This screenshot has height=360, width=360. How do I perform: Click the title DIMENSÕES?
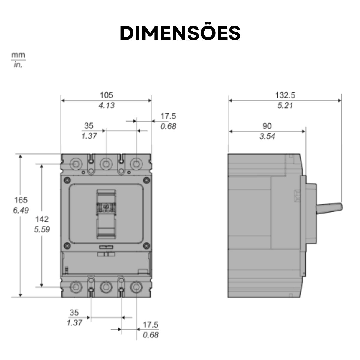180,33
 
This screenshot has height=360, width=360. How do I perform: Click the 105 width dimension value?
106,95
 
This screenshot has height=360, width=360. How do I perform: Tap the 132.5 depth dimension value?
285,95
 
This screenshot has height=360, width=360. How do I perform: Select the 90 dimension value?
267,126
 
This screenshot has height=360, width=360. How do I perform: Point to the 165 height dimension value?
21,200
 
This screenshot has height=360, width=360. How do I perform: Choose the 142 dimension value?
42,219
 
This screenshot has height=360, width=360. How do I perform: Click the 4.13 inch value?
106,105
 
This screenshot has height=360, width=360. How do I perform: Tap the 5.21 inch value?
285,105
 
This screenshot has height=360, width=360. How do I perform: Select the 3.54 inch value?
267,136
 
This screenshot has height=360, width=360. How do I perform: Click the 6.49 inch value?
21,210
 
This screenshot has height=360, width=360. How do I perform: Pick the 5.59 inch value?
42,230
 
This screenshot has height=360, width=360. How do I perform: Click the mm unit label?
18,55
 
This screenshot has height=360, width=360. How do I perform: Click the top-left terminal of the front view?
76,164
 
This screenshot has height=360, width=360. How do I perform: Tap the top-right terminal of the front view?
136,164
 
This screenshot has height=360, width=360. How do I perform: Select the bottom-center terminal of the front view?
106,287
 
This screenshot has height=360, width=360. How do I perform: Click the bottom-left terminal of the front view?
76,287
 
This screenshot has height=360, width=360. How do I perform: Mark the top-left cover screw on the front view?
67,180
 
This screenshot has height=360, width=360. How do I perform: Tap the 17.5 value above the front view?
168,116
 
